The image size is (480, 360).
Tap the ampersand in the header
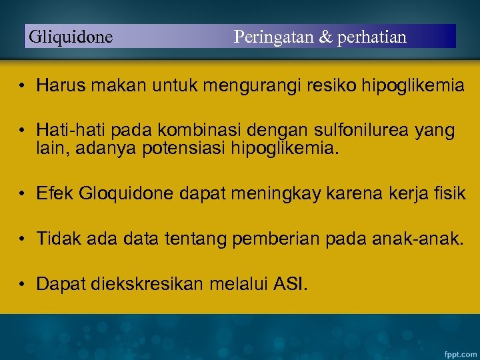[325, 37]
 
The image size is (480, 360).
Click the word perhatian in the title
[372, 37]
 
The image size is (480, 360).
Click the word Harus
[58, 85]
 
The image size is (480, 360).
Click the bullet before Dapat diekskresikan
[22, 285]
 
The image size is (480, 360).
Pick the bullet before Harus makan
[22, 86]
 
